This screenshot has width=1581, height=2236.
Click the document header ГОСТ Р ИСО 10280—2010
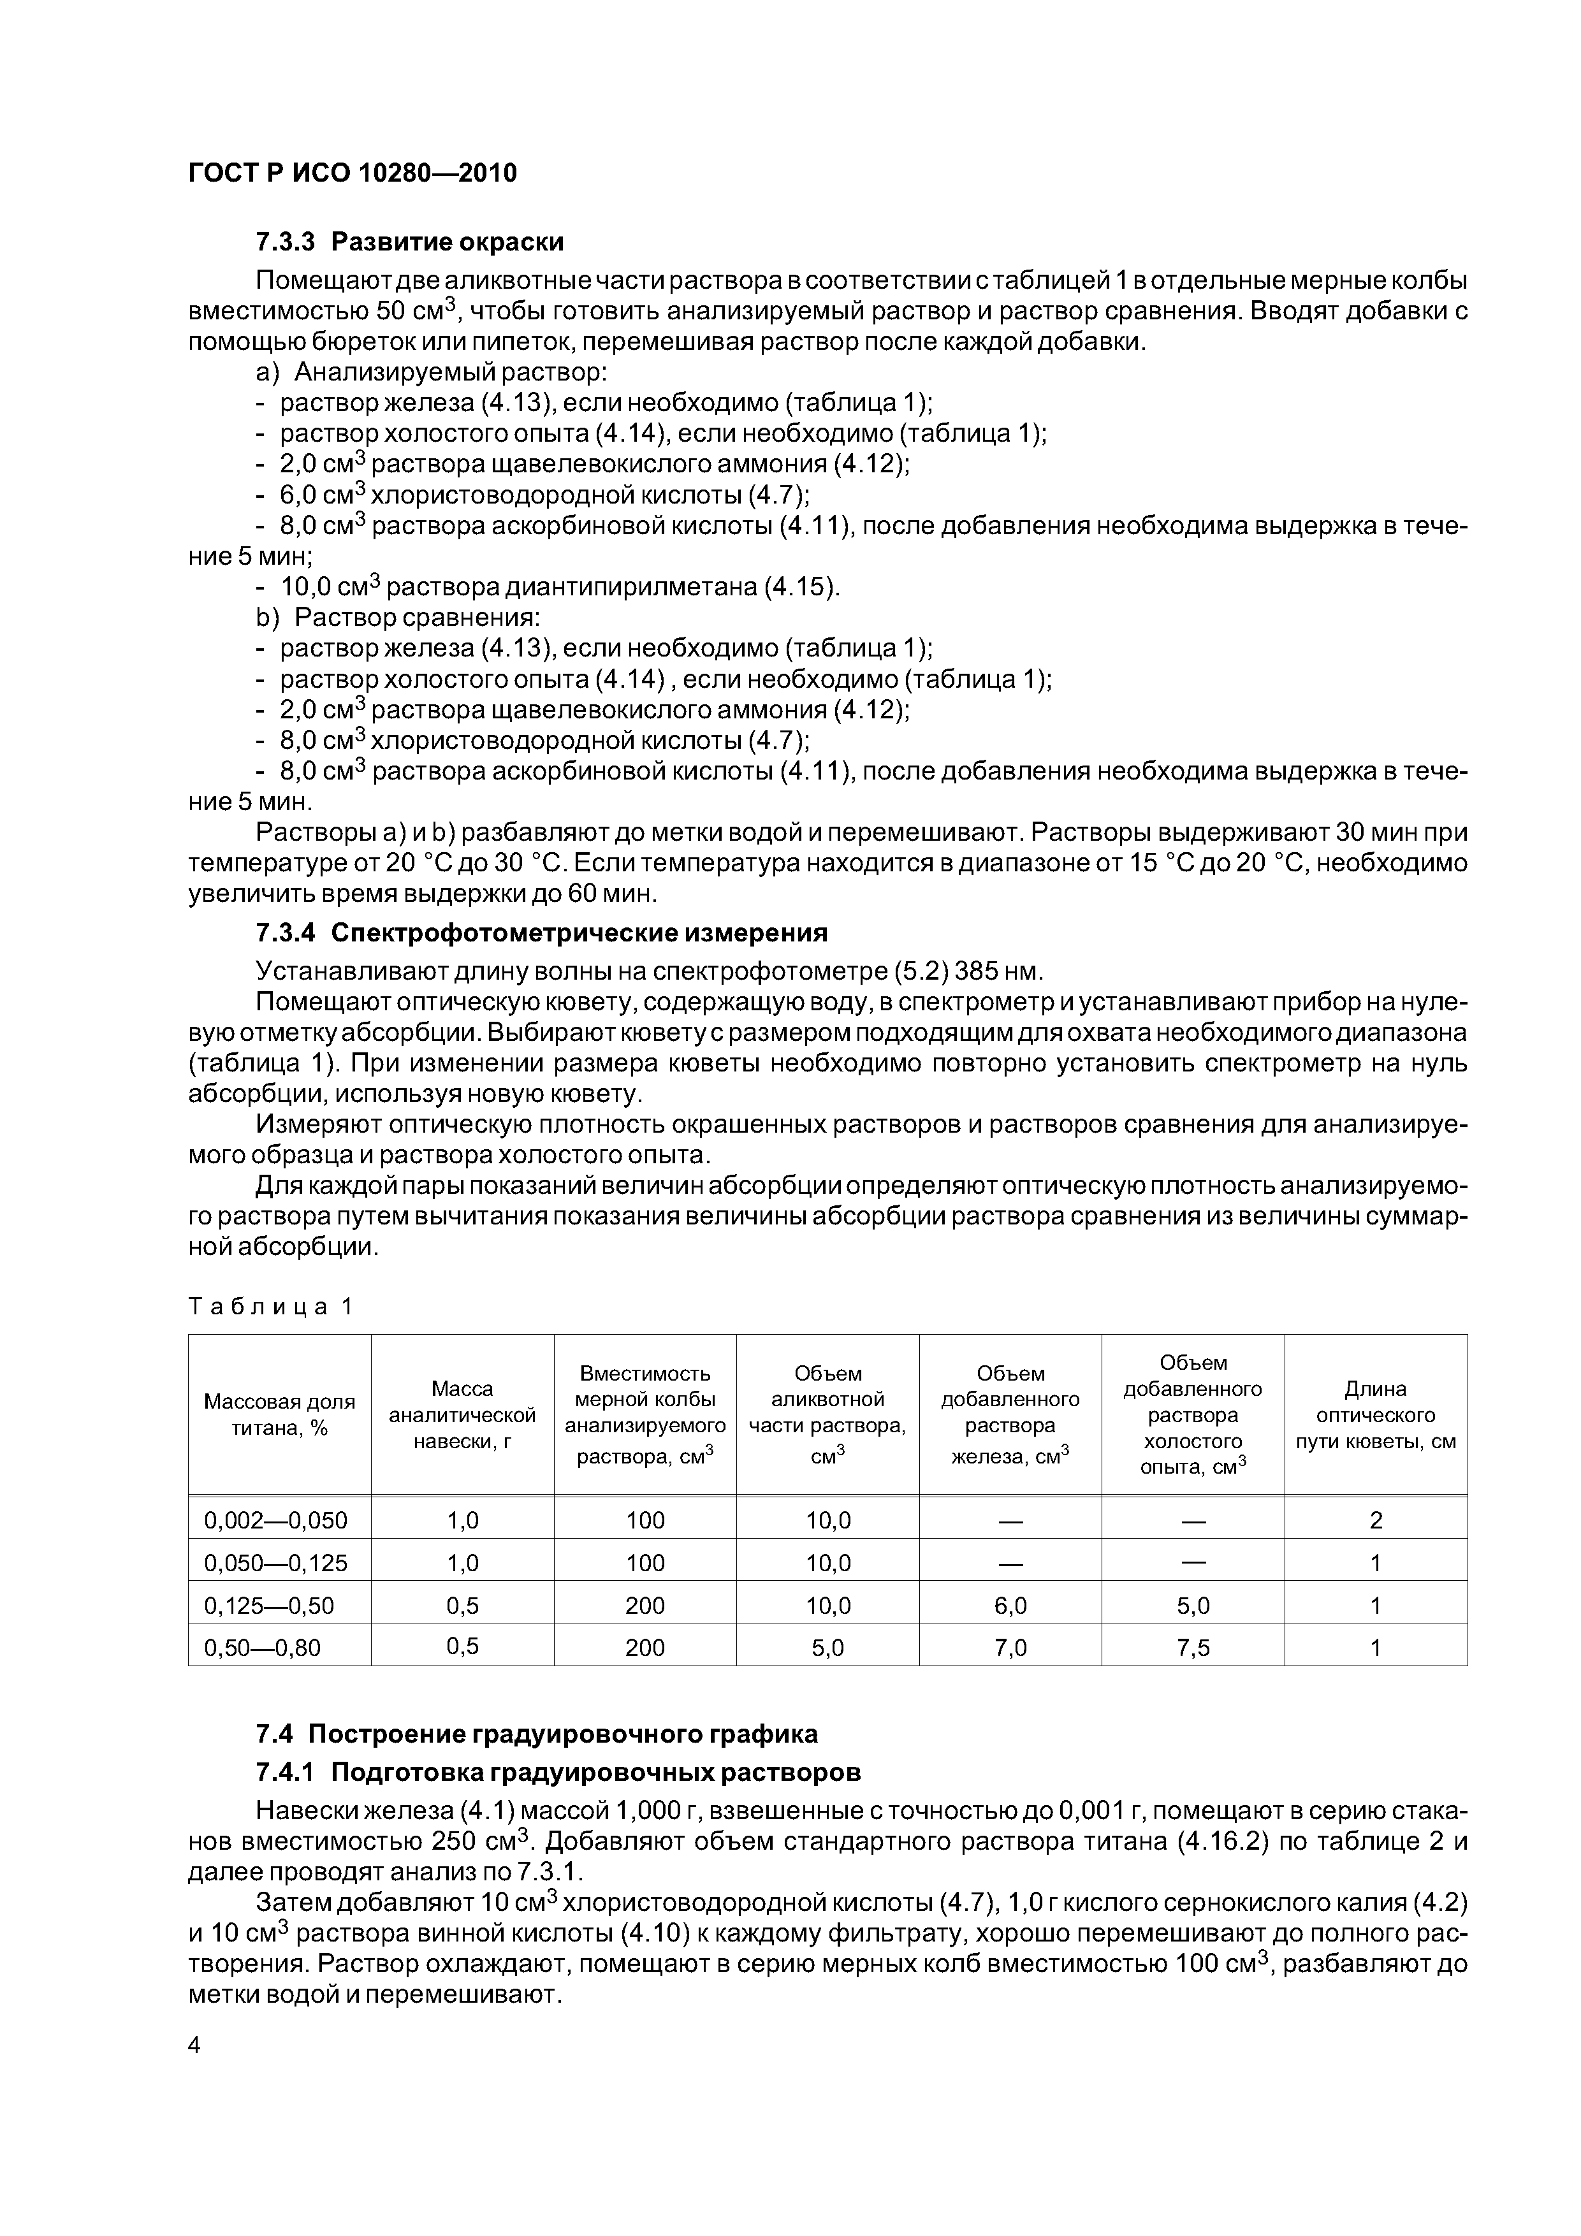click(352, 173)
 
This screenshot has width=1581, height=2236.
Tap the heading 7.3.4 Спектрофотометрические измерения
click(541, 933)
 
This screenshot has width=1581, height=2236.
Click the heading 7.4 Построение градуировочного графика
click(535, 1734)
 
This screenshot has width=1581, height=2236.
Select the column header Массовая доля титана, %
click(280, 1414)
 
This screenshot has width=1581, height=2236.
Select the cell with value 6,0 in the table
click(1010, 1605)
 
